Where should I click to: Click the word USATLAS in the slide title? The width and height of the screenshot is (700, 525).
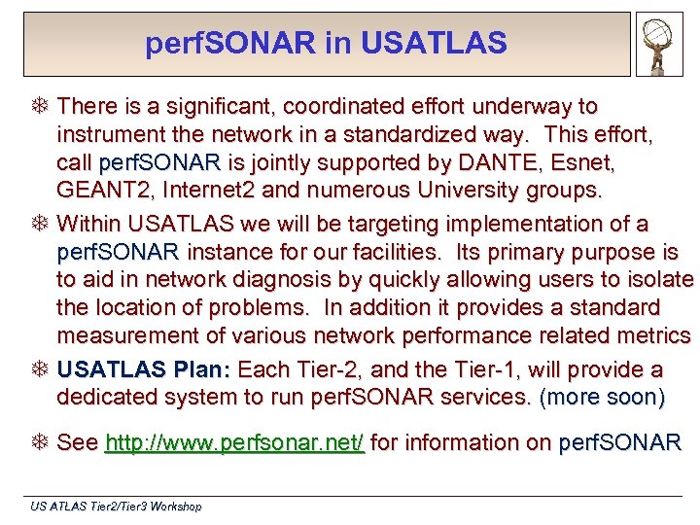[x=434, y=44]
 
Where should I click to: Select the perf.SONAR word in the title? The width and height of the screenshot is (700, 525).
[x=228, y=44]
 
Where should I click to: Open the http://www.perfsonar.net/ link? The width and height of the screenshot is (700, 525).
[x=234, y=443]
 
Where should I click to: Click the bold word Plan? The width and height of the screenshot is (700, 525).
[x=202, y=370]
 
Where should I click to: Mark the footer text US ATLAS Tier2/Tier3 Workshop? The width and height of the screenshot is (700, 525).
[x=116, y=507]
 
